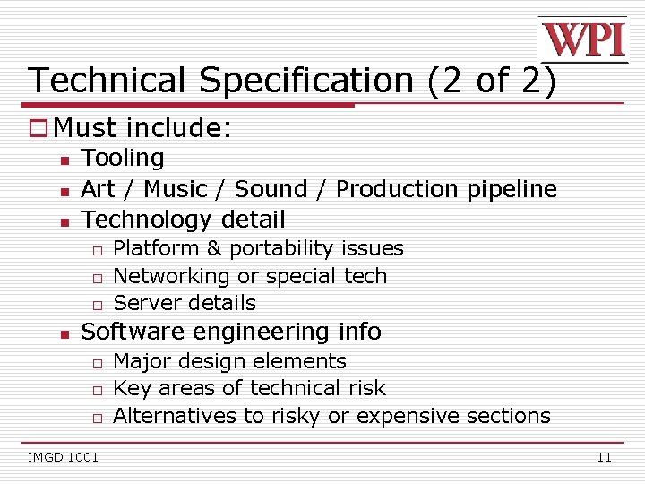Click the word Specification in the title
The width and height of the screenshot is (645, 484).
(x=305, y=81)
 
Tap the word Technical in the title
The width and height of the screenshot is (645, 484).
(x=108, y=81)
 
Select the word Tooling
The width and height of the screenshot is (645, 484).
(x=123, y=159)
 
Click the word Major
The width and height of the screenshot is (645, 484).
(x=142, y=361)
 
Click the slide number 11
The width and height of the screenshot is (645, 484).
(x=604, y=458)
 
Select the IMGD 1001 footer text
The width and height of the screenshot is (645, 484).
(x=63, y=458)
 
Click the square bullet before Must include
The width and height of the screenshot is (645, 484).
(x=39, y=128)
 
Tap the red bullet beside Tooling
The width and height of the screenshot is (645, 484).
(x=64, y=160)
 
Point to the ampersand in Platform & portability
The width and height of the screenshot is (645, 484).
(x=212, y=248)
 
